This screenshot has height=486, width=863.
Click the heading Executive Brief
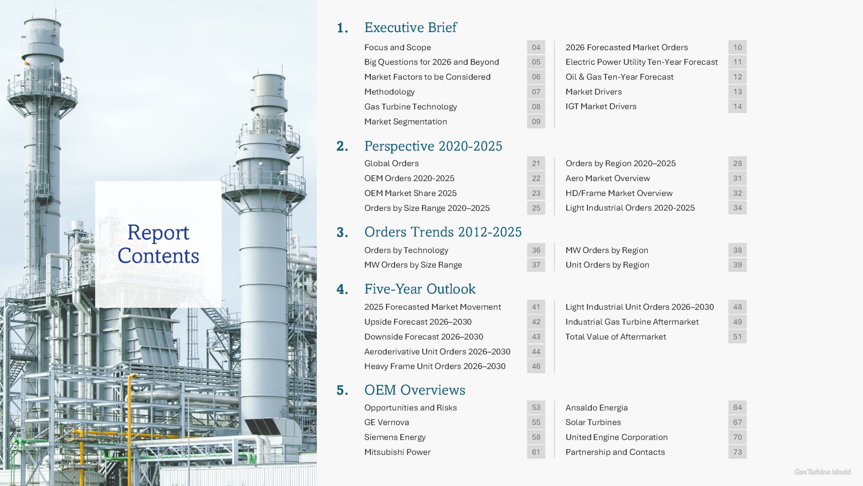[410, 28]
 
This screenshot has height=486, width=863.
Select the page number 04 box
[536, 47]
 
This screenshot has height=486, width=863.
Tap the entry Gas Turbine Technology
[411, 107]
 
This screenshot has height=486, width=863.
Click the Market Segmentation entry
[406, 122]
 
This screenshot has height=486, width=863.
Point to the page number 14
[737, 106]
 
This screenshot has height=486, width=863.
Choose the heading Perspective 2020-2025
[433, 146]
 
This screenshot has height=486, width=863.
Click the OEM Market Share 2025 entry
[410, 193]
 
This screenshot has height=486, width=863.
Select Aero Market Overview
[607, 178]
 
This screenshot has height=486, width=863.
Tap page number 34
[737, 208]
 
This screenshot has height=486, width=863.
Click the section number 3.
[342, 232]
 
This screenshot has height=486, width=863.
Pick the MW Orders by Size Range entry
[413, 265]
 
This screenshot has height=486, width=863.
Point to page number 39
[737, 265]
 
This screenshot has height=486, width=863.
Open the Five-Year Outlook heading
[420, 289]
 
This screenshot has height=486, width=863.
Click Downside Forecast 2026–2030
[424, 336]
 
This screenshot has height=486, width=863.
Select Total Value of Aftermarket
[616, 336]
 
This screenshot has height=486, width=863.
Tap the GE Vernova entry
[387, 422]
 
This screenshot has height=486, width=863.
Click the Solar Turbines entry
[593, 422]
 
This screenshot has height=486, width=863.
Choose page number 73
[737, 452]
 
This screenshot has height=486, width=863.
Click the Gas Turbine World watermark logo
[823, 472]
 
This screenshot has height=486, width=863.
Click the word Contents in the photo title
[158, 255]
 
